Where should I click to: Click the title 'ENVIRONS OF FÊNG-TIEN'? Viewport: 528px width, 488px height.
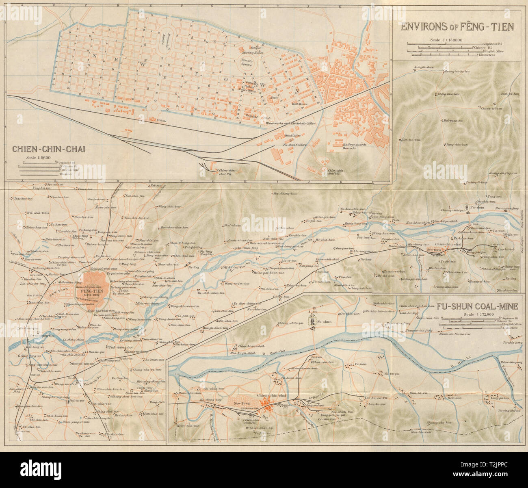point(457,27)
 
